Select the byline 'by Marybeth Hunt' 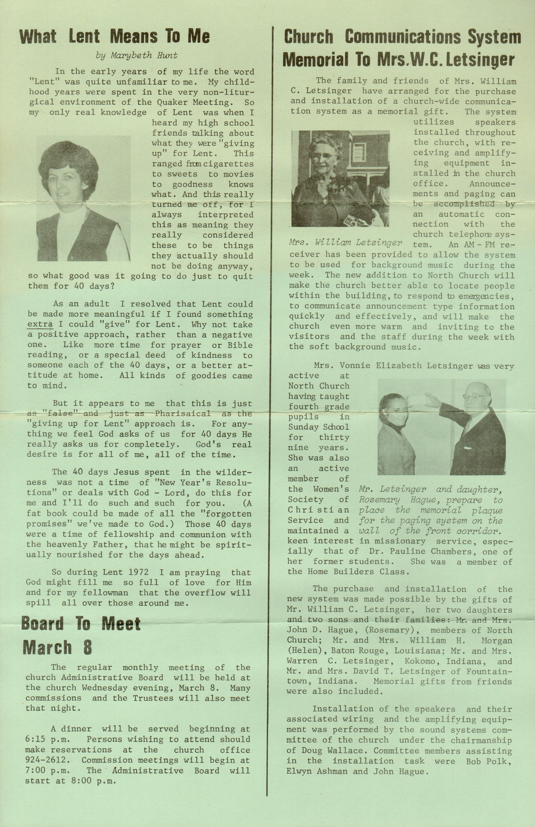click(x=137, y=55)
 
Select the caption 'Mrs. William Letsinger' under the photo click(x=345, y=242)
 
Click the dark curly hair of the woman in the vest click(x=68, y=160)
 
